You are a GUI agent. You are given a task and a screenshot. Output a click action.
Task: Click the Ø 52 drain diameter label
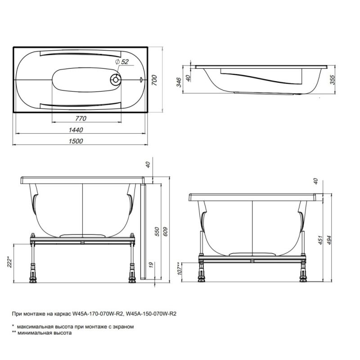click(122, 62)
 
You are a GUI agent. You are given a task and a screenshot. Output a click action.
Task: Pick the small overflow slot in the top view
click(141, 80)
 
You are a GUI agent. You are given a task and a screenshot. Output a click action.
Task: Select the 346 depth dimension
click(179, 81)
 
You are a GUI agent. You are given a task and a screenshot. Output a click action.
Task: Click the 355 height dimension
click(333, 80)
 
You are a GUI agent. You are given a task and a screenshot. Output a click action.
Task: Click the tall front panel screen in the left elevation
click(143, 229)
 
